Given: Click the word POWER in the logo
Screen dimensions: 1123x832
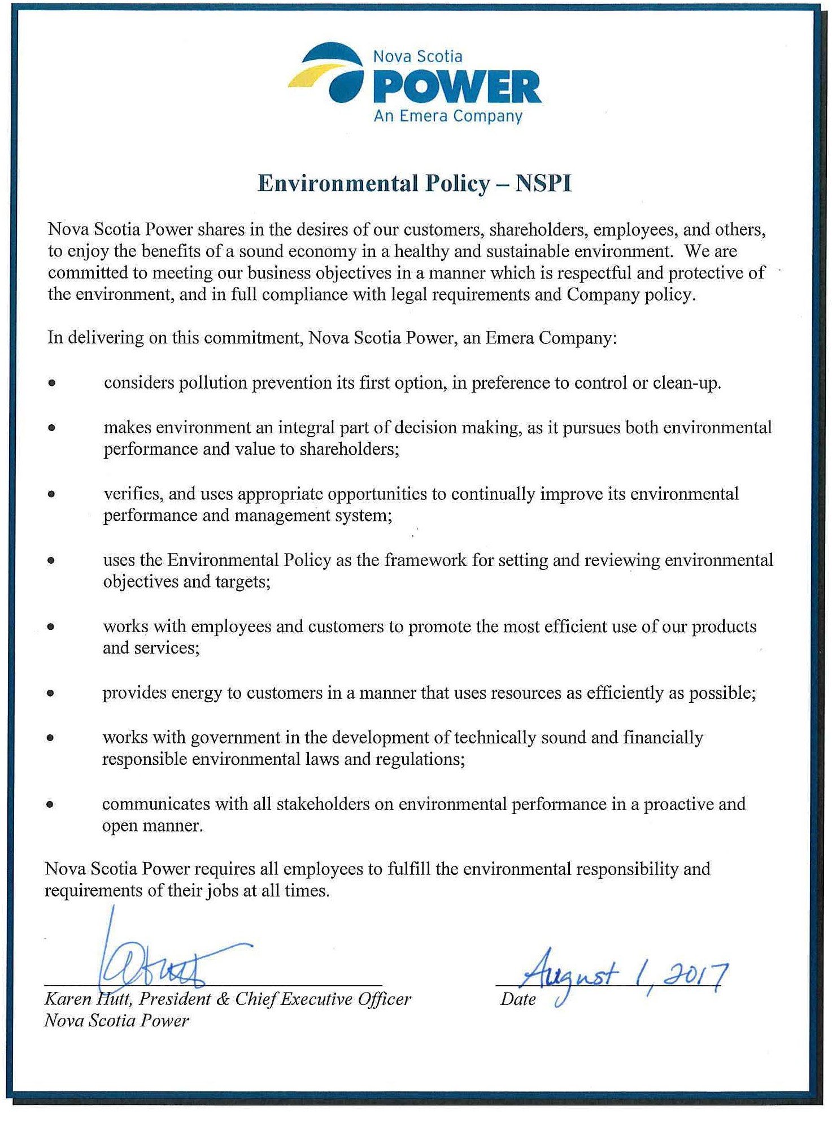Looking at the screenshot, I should coord(456,88).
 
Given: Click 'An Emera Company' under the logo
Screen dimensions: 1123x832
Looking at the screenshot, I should coord(448,116).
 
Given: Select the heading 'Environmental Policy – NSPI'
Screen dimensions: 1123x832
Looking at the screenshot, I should coord(415,184).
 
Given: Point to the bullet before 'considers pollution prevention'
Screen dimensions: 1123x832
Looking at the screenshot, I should coord(52,383).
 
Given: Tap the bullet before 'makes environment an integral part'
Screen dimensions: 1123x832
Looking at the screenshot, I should coord(52,428).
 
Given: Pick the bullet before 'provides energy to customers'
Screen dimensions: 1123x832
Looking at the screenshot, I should coord(51,693).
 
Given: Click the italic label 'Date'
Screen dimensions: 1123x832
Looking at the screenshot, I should coord(517,999).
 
